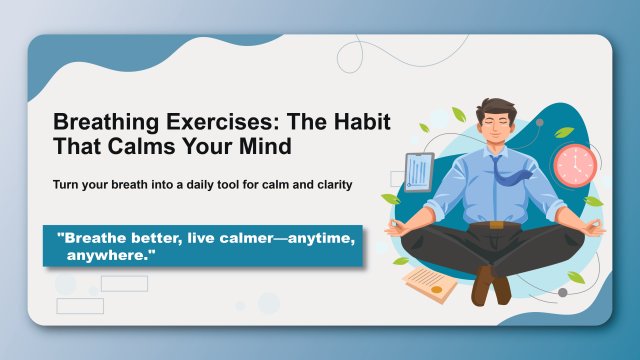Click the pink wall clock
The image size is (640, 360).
tap(574, 165)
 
